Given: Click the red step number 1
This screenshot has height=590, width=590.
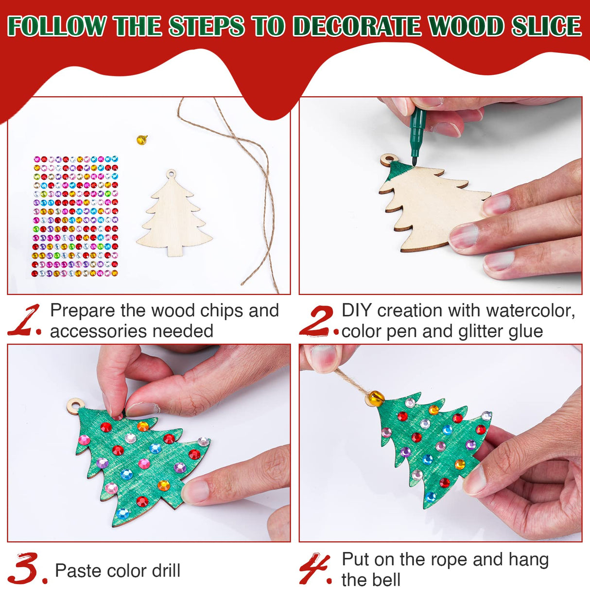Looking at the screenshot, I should coord(24,320).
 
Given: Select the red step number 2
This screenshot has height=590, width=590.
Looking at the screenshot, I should coord(316,321).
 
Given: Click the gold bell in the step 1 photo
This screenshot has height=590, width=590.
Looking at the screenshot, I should coord(141,139).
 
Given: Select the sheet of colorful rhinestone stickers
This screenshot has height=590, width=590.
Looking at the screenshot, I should coord(76,217).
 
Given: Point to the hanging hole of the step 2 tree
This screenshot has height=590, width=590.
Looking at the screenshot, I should coord(388,159).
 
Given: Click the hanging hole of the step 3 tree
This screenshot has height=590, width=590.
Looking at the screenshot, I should coord(74,405).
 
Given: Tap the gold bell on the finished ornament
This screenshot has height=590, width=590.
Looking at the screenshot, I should coord(374,399).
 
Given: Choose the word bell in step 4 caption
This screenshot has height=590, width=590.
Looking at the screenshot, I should coord(387,580).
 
